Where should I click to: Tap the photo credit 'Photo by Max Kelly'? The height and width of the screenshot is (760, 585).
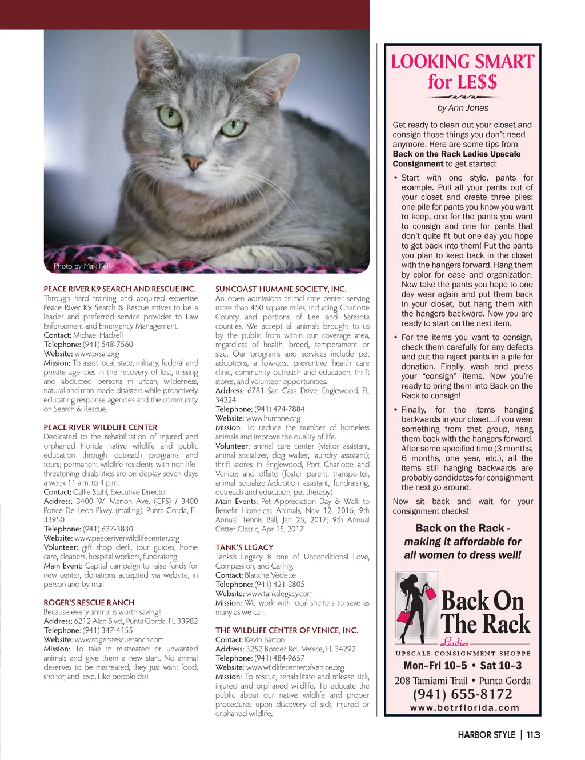click(83, 266)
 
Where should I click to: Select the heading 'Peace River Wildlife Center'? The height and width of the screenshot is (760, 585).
click(101, 427)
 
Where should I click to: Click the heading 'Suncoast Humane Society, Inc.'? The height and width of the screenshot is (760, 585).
click(281, 289)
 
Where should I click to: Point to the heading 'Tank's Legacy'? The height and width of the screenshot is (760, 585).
click(245, 547)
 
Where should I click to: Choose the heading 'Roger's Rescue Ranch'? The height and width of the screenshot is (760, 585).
click(89, 603)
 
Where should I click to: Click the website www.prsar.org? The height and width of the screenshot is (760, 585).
click(97, 354)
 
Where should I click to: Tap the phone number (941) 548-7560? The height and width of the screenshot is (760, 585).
click(108, 345)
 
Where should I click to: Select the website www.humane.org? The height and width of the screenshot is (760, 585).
click(273, 418)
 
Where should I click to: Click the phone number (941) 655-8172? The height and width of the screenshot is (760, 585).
click(463, 694)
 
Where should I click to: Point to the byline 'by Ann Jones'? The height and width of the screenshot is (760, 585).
click(463, 107)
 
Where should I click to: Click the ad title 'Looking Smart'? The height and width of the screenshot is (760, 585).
click(463, 62)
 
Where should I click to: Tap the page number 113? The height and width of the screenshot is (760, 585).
click(534, 735)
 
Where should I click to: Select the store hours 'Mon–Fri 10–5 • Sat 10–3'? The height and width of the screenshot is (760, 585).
click(463, 666)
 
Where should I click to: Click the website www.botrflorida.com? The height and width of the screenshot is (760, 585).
click(464, 708)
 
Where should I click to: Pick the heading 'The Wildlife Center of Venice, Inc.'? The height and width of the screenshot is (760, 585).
click(287, 630)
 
